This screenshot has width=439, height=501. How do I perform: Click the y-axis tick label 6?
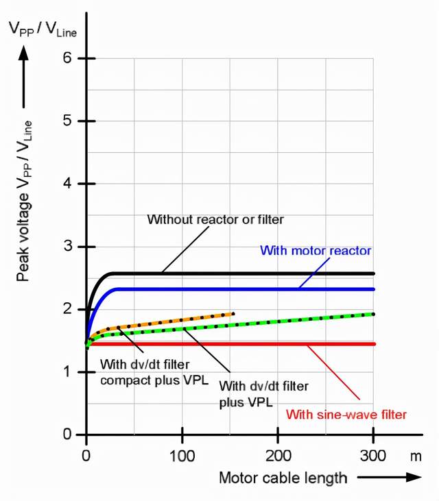(x=67, y=58)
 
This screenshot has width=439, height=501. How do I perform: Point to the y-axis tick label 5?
(x=67, y=121)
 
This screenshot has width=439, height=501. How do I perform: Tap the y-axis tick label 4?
(x=67, y=184)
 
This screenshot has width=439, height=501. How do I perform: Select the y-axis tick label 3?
(x=67, y=247)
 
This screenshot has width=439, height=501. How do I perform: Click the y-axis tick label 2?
(x=67, y=309)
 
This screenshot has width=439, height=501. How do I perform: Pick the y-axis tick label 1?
(x=67, y=372)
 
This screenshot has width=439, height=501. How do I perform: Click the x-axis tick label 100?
(x=182, y=454)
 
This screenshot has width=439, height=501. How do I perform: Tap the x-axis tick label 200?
(x=277, y=454)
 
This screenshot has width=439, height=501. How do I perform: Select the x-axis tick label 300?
(x=372, y=454)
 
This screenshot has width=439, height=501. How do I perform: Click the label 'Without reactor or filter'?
(x=215, y=219)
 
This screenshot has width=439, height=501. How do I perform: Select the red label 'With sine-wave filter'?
(x=346, y=414)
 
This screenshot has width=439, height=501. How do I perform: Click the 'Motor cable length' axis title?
(x=283, y=477)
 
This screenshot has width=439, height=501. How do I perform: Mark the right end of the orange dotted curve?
(x=233, y=314)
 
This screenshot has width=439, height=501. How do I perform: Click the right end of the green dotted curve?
(x=373, y=314)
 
